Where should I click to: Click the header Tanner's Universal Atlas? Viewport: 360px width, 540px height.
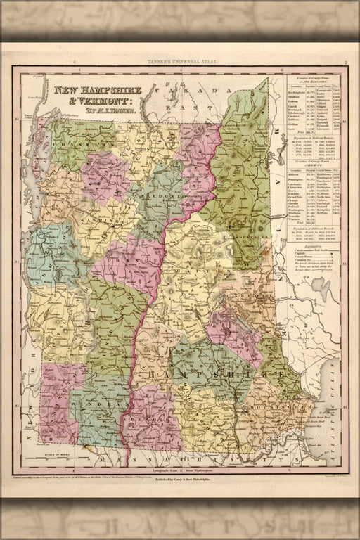click(179, 63)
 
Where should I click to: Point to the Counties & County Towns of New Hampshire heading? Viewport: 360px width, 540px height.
click(314, 76)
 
